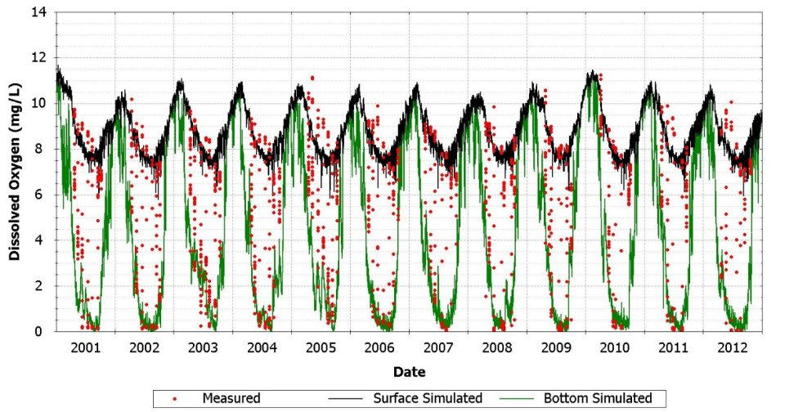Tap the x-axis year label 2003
[203, 347]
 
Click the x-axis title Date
[409, 372]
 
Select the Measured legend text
[231, 398]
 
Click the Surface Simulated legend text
[428, 398]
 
